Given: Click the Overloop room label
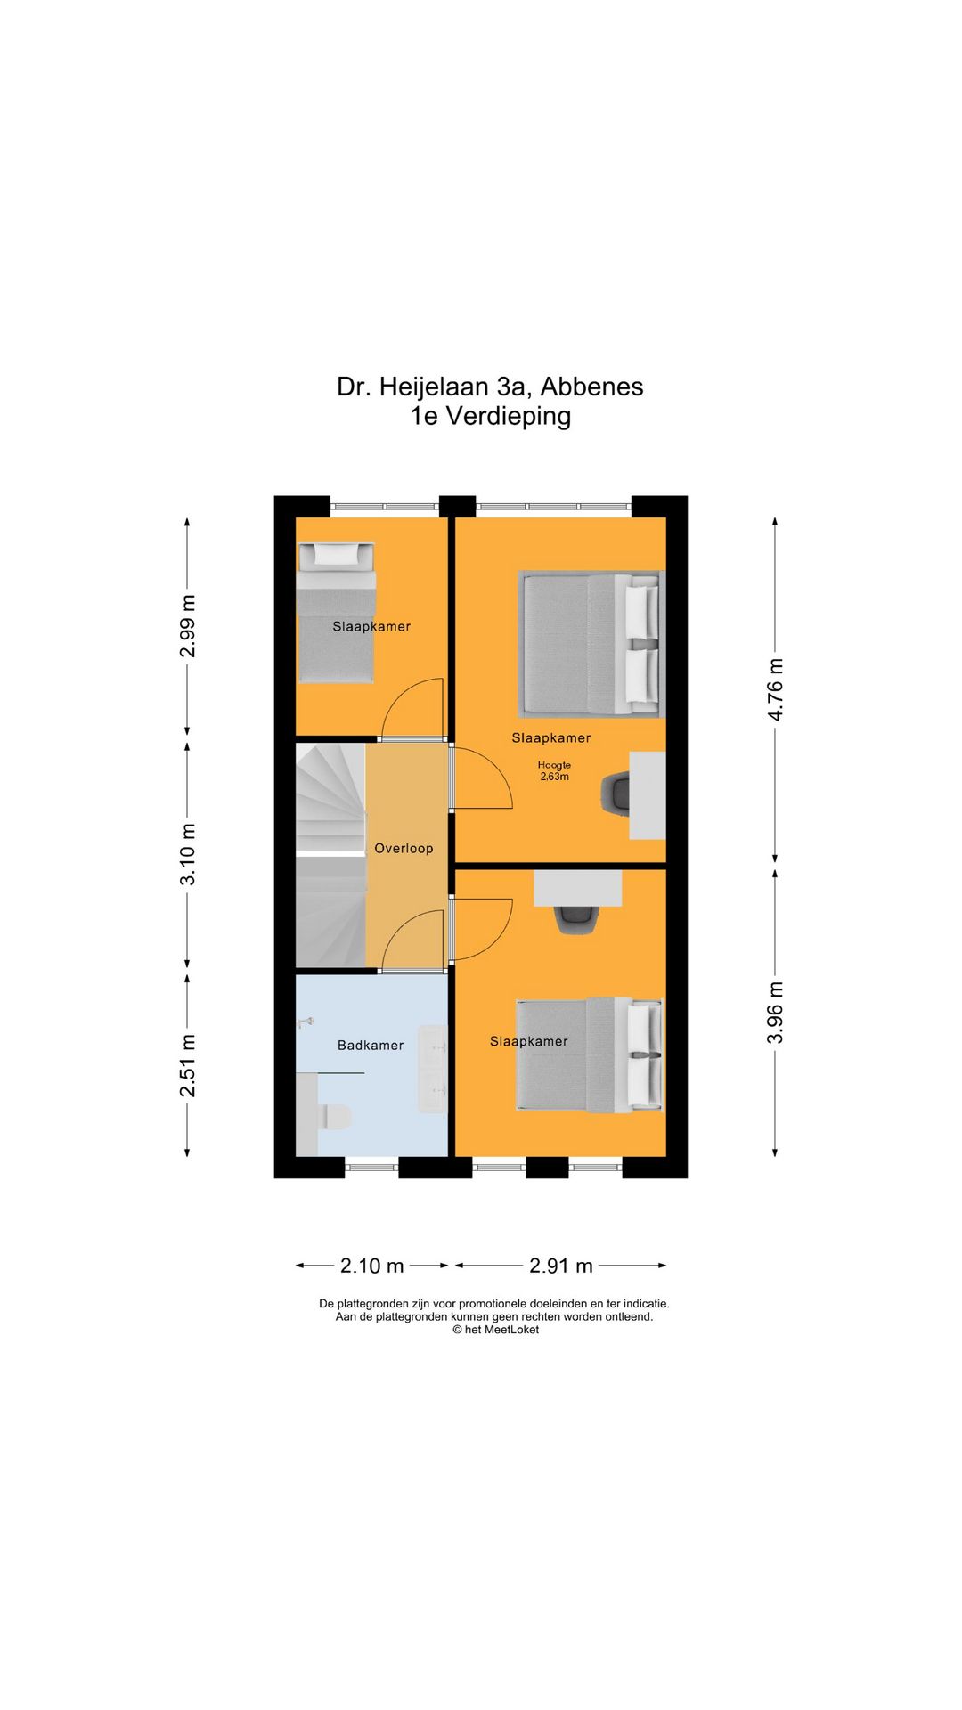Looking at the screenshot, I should pyautogui.click(x=404, y=849).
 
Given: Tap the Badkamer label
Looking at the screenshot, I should pyautogui.click(x=371, y=1046).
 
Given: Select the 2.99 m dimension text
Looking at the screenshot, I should pyautogui.click(x=187, y=626).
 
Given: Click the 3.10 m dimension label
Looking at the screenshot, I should pyautogui.click(x=187, y=854).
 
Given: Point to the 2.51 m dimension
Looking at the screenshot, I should pyautogui.click(x=187, y=1066).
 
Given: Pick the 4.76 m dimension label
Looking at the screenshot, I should pyautogui.click(x=776, y=689).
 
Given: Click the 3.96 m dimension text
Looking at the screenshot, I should pyautogui.click(x=776, y=1013).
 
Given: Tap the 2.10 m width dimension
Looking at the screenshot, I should pyautogui.click(x=371, y=1266).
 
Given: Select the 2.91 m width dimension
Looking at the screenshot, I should pyautogui.click(x=560, y=1266).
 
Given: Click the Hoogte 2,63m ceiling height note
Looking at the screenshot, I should pyautogui.click(x=554, y=770).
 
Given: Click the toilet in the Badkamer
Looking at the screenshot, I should pyautogui.click(x=334, y=1117).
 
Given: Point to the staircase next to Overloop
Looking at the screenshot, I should pyautogui.click(x=330, y=855).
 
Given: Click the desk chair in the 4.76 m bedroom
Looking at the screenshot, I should pyautogui.click(x=616, y=793).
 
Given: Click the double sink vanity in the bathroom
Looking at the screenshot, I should pyautogui.click(x=433, y=1068).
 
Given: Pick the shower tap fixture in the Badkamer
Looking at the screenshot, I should pyautogui.click(x=306, y=1022).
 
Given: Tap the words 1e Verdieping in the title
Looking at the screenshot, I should pyautogui.click(x=490, y=416).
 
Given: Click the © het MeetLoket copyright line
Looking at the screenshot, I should pyautogui.click(x=495, y=1330).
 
